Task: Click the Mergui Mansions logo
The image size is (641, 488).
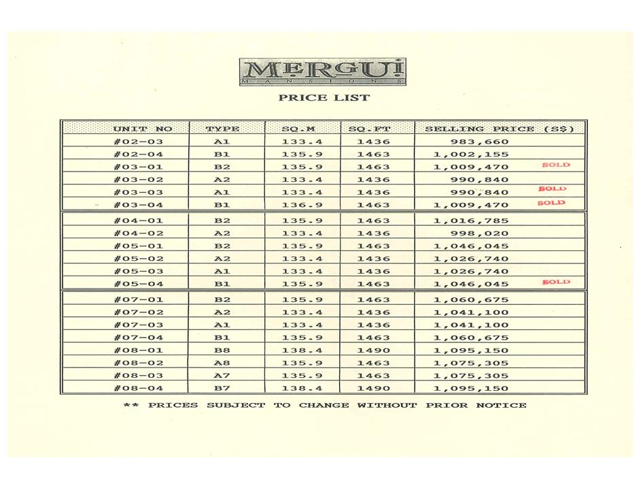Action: (323, 72)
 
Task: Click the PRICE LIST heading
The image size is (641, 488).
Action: (324, 98)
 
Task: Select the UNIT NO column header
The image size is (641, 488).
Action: (143, 129)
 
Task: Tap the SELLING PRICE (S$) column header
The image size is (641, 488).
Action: (500, 129)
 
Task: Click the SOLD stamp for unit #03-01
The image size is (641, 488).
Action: (556, 165)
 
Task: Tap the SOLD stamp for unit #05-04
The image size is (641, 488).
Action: (556, 282)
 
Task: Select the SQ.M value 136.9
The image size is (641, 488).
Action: (302, 204)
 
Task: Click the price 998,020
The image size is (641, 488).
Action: (480, 233)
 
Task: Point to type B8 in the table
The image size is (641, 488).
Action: (222, 350)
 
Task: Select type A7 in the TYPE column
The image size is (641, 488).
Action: (222, 376)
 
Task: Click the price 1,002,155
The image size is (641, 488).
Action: (470, 154)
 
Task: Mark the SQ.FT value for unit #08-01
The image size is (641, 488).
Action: (374, 350)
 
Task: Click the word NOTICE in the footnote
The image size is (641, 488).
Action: (501, 406)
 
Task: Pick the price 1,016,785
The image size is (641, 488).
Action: (470, 221)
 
